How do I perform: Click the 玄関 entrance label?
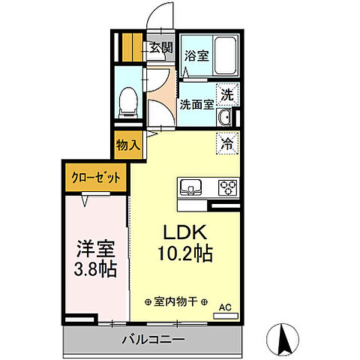(x=159, y=48)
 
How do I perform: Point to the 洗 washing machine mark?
(x=226, y=95)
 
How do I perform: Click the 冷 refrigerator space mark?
(x=226, y=141)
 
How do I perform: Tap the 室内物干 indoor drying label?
(x=174, y=301)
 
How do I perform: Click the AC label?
(x=225, y=306)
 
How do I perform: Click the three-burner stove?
(x=227, y=187)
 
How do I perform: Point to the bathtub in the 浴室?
(x=222, y=55)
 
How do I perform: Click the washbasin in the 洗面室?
(x=224, y=118)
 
